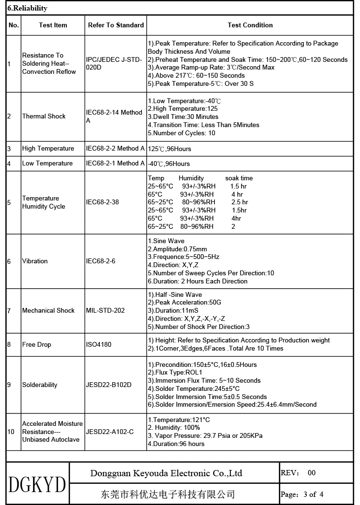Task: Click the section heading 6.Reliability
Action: point(27,9)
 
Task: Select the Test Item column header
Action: point(53,25)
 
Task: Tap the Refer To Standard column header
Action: point(116,25)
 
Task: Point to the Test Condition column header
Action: point(250,25)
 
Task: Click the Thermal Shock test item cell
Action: point(44,117)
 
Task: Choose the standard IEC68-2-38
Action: point(102,202)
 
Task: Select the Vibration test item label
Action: point(35,261)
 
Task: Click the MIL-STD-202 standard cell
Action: point(105,311)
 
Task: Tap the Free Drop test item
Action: point(36,344)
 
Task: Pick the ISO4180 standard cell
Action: point(99,344)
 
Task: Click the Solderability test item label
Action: point(39,385)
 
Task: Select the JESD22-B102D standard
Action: point(108,385)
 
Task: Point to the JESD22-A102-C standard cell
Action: point(109,432)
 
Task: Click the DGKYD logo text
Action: point(37,485)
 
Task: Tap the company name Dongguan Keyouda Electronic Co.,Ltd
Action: point(166,473)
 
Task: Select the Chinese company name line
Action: point(168,494)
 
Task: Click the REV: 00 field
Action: point(298,473)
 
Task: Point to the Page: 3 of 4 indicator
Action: point(302,494)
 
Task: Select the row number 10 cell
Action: point(11,432)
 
